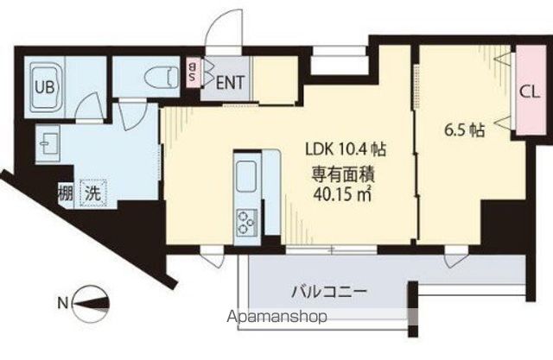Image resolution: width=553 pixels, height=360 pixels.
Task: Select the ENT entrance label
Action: click(229, 84)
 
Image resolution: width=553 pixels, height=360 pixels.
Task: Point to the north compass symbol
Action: click(90, 302)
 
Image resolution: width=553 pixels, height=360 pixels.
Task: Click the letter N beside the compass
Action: click(61, 302)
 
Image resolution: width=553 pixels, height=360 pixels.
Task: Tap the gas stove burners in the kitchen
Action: click(247, 220)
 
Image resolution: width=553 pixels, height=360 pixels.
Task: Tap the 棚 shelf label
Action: click(66, 193)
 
